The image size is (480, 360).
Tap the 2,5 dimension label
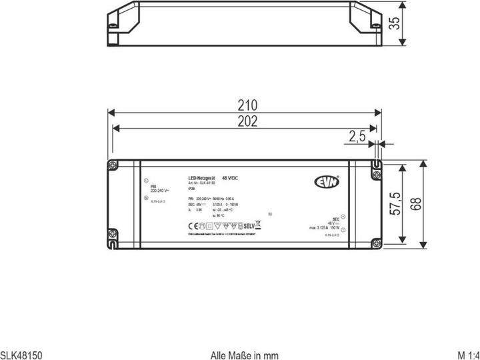click(357, 137)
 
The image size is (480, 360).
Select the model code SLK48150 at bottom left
click(21, 355)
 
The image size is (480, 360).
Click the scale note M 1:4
click(467, 355)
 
